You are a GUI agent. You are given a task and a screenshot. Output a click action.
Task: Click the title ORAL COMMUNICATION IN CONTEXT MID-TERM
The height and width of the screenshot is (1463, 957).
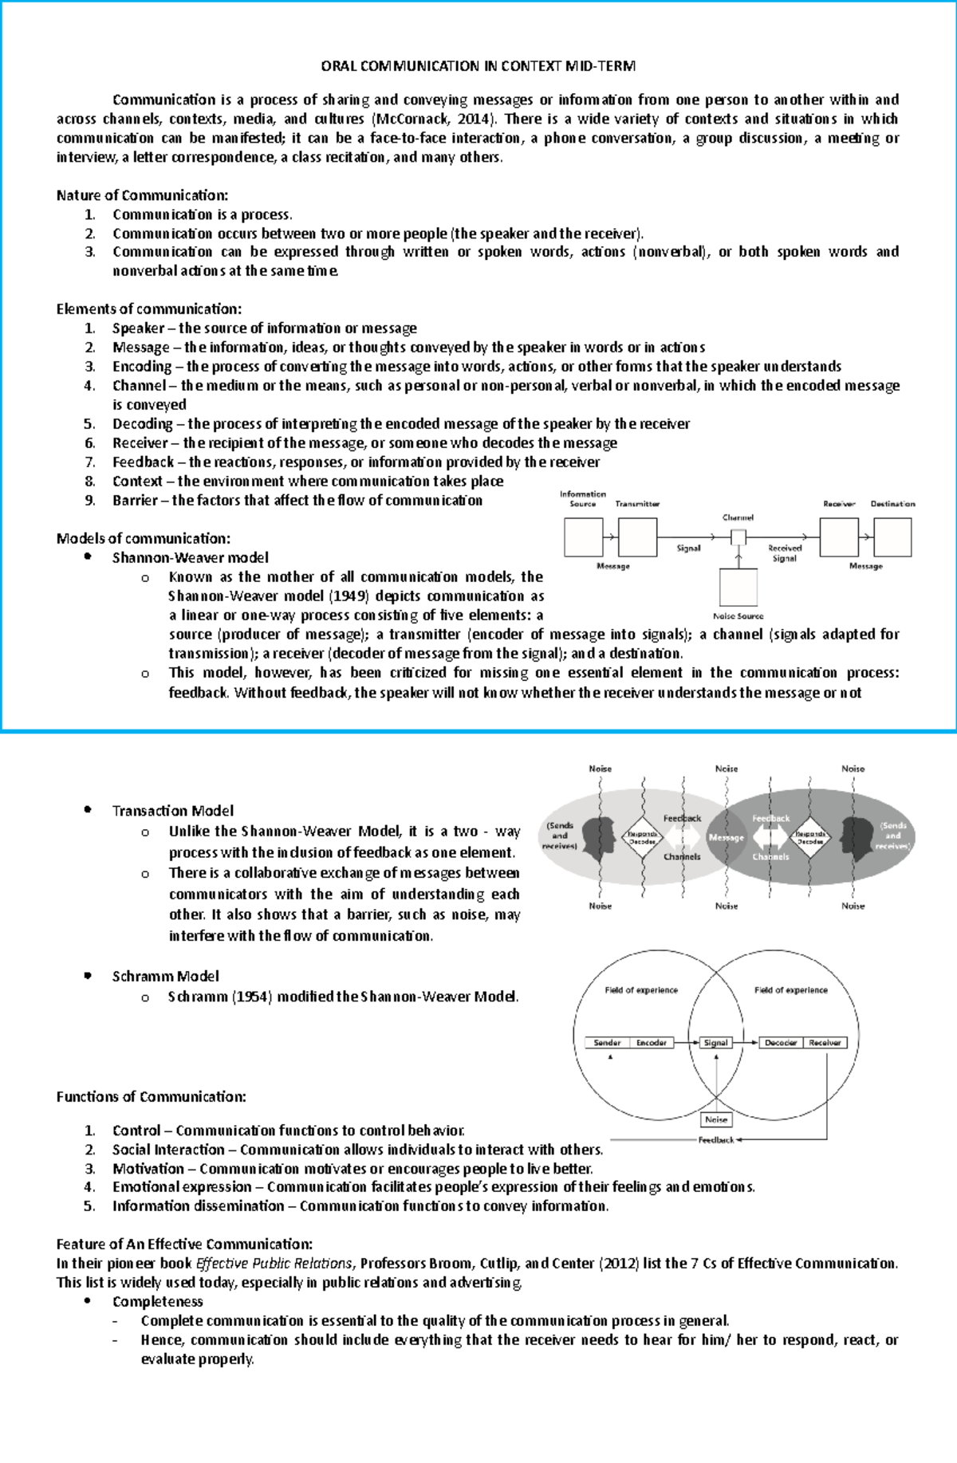(x=478, y=66)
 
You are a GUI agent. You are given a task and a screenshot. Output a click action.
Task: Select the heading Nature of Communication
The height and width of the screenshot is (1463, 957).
(x=142, y=195)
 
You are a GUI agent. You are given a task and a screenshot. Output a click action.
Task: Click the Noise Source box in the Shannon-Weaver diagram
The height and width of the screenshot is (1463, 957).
(x=738, y=588)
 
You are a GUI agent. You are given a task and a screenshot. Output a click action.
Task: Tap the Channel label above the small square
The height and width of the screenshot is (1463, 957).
(x=738, y=517)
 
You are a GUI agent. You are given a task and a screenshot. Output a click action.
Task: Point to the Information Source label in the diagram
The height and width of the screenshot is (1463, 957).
(x=583, y=498)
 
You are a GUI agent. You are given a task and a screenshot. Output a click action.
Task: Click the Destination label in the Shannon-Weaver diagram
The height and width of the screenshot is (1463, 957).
(x=892, y=504)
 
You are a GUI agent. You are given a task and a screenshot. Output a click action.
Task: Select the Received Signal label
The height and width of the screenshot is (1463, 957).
(x=785, y=553)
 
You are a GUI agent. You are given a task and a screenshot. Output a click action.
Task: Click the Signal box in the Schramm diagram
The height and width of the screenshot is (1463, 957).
(x=715, y=1043)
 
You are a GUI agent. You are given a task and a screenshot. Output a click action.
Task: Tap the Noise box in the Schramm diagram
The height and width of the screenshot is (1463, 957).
(x=716, y=1119)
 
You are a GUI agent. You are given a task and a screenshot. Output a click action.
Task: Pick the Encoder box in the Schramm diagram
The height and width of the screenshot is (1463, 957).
(x=652, y=1043)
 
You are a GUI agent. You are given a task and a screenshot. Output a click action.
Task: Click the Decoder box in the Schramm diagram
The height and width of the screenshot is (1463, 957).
(x=781, y=1043)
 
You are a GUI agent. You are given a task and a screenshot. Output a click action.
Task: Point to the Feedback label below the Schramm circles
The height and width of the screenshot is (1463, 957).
(x=715, y=1140)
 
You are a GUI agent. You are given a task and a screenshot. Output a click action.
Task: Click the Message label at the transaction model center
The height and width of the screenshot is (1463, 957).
(x=726, y=838)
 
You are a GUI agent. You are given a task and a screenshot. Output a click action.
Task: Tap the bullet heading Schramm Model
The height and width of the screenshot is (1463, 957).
(x=165, y=977)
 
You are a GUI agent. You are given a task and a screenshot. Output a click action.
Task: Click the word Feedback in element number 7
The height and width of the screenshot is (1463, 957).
(x=143, y=462)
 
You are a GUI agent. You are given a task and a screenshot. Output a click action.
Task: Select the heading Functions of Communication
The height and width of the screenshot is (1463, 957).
(x=151, y=1097)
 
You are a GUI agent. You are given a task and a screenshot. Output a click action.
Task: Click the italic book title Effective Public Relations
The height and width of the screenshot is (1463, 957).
(x=274, y=1264)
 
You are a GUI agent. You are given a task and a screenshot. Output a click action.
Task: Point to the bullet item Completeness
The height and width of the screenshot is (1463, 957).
(x=157, y=1302)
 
